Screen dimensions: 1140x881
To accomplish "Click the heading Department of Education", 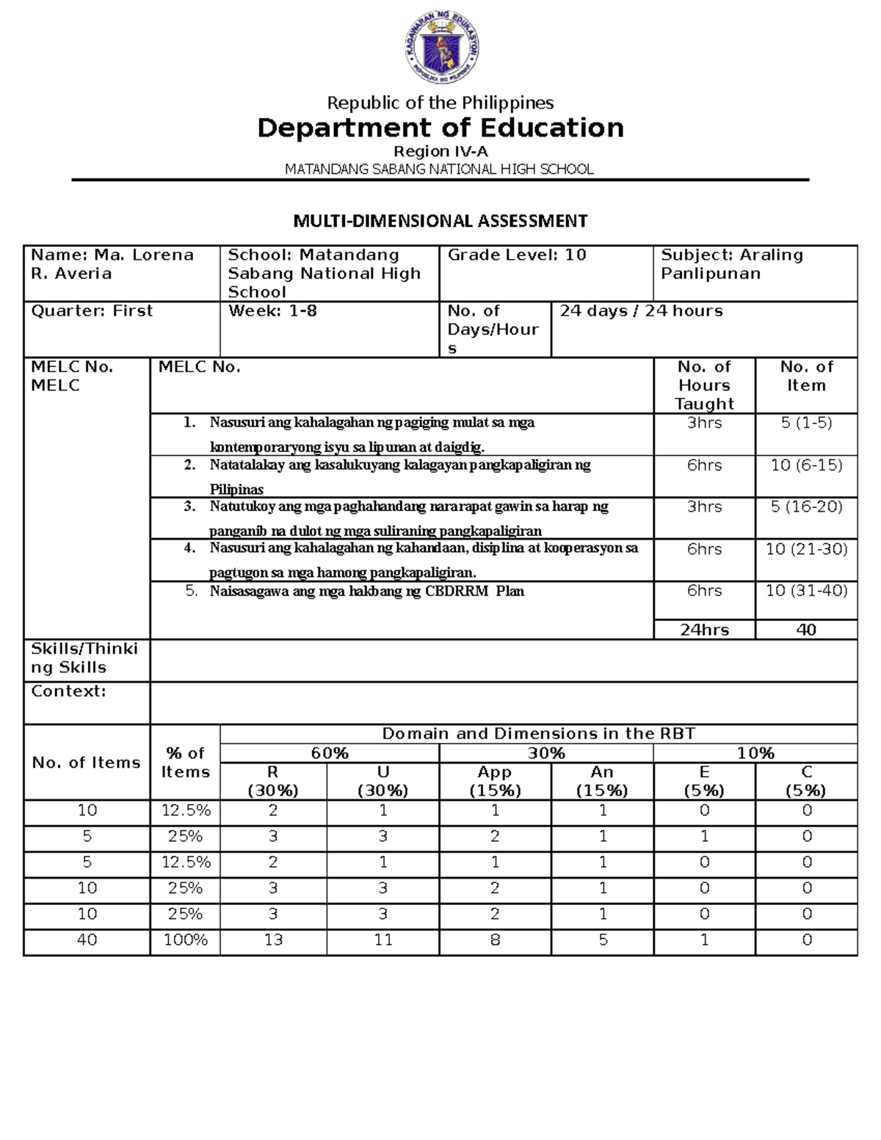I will tap(440, 128).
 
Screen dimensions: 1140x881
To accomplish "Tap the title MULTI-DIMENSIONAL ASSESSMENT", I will tap(440, 221).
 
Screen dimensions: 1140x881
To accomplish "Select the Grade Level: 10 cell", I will tap(517, 255).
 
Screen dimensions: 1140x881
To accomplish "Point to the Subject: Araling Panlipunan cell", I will tap(731, 264).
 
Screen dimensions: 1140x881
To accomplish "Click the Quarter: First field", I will tap(92, 311).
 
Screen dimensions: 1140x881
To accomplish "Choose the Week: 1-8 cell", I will tap(272, 311).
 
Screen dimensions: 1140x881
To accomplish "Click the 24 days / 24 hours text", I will tap(641, 311).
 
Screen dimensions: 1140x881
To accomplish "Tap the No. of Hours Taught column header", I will tap(704, 385).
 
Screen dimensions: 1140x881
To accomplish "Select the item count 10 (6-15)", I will tap(806, 465).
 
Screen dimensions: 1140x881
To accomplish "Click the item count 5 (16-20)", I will tap(806, 507).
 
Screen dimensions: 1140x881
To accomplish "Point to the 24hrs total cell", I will tap(704, 630).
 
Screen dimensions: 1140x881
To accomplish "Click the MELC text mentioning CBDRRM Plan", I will tap(366, 592).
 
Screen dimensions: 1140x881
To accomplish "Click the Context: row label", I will tap(68, 691).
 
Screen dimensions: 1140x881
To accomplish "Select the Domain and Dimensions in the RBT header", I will tap(538, 734).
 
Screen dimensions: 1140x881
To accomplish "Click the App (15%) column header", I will tap(495, 781).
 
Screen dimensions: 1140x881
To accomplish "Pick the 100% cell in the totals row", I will tap(185, 940).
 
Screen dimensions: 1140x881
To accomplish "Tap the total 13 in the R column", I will tap(273, 940).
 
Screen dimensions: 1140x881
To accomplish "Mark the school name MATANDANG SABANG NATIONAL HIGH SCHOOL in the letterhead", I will tap(439, 170).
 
